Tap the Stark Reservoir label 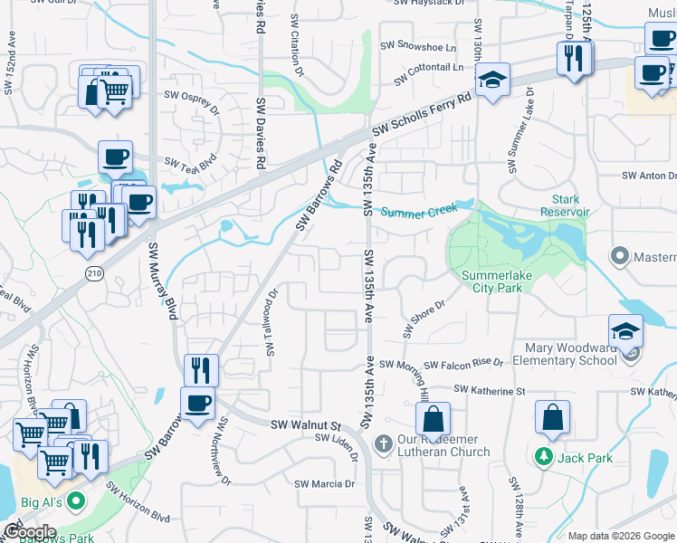pos(565,205)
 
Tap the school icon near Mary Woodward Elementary pos(625,331)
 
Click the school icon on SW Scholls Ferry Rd pos(493,80)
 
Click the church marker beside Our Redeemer pos(383,444)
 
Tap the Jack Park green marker pos(543,457)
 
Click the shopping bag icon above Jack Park pos(552,419)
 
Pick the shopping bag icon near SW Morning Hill pos(434,419)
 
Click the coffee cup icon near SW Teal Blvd pos(115,157)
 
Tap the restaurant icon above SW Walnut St pos(201,370)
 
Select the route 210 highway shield pos(93,271)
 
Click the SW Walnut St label pos(304,424)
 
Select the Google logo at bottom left pos(29,532)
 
